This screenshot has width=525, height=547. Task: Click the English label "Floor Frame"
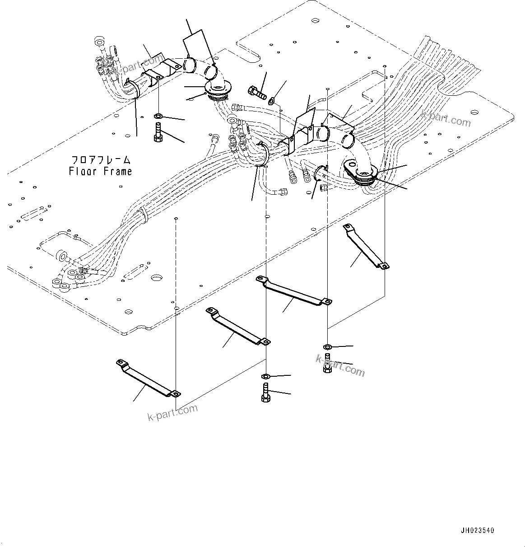[x=100, y=172]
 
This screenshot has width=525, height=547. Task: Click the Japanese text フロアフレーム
[x=101, y=160]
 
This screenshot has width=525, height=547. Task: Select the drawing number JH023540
[x=477, y=531]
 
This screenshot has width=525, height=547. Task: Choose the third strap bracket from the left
[x=293, y=292]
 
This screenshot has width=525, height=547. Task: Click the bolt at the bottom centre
[x=265, y=392]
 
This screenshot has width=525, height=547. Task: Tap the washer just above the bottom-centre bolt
[x=266, y=376]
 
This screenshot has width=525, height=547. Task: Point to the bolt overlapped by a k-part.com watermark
[x=327, y=364]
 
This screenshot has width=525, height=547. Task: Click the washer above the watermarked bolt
[x=327, y=347]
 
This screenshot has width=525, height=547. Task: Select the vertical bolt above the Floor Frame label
[x=158, y=132]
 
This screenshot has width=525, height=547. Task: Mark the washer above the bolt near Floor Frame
[x=158, y=116]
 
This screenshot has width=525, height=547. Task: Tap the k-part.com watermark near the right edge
[x=446, y=118]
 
